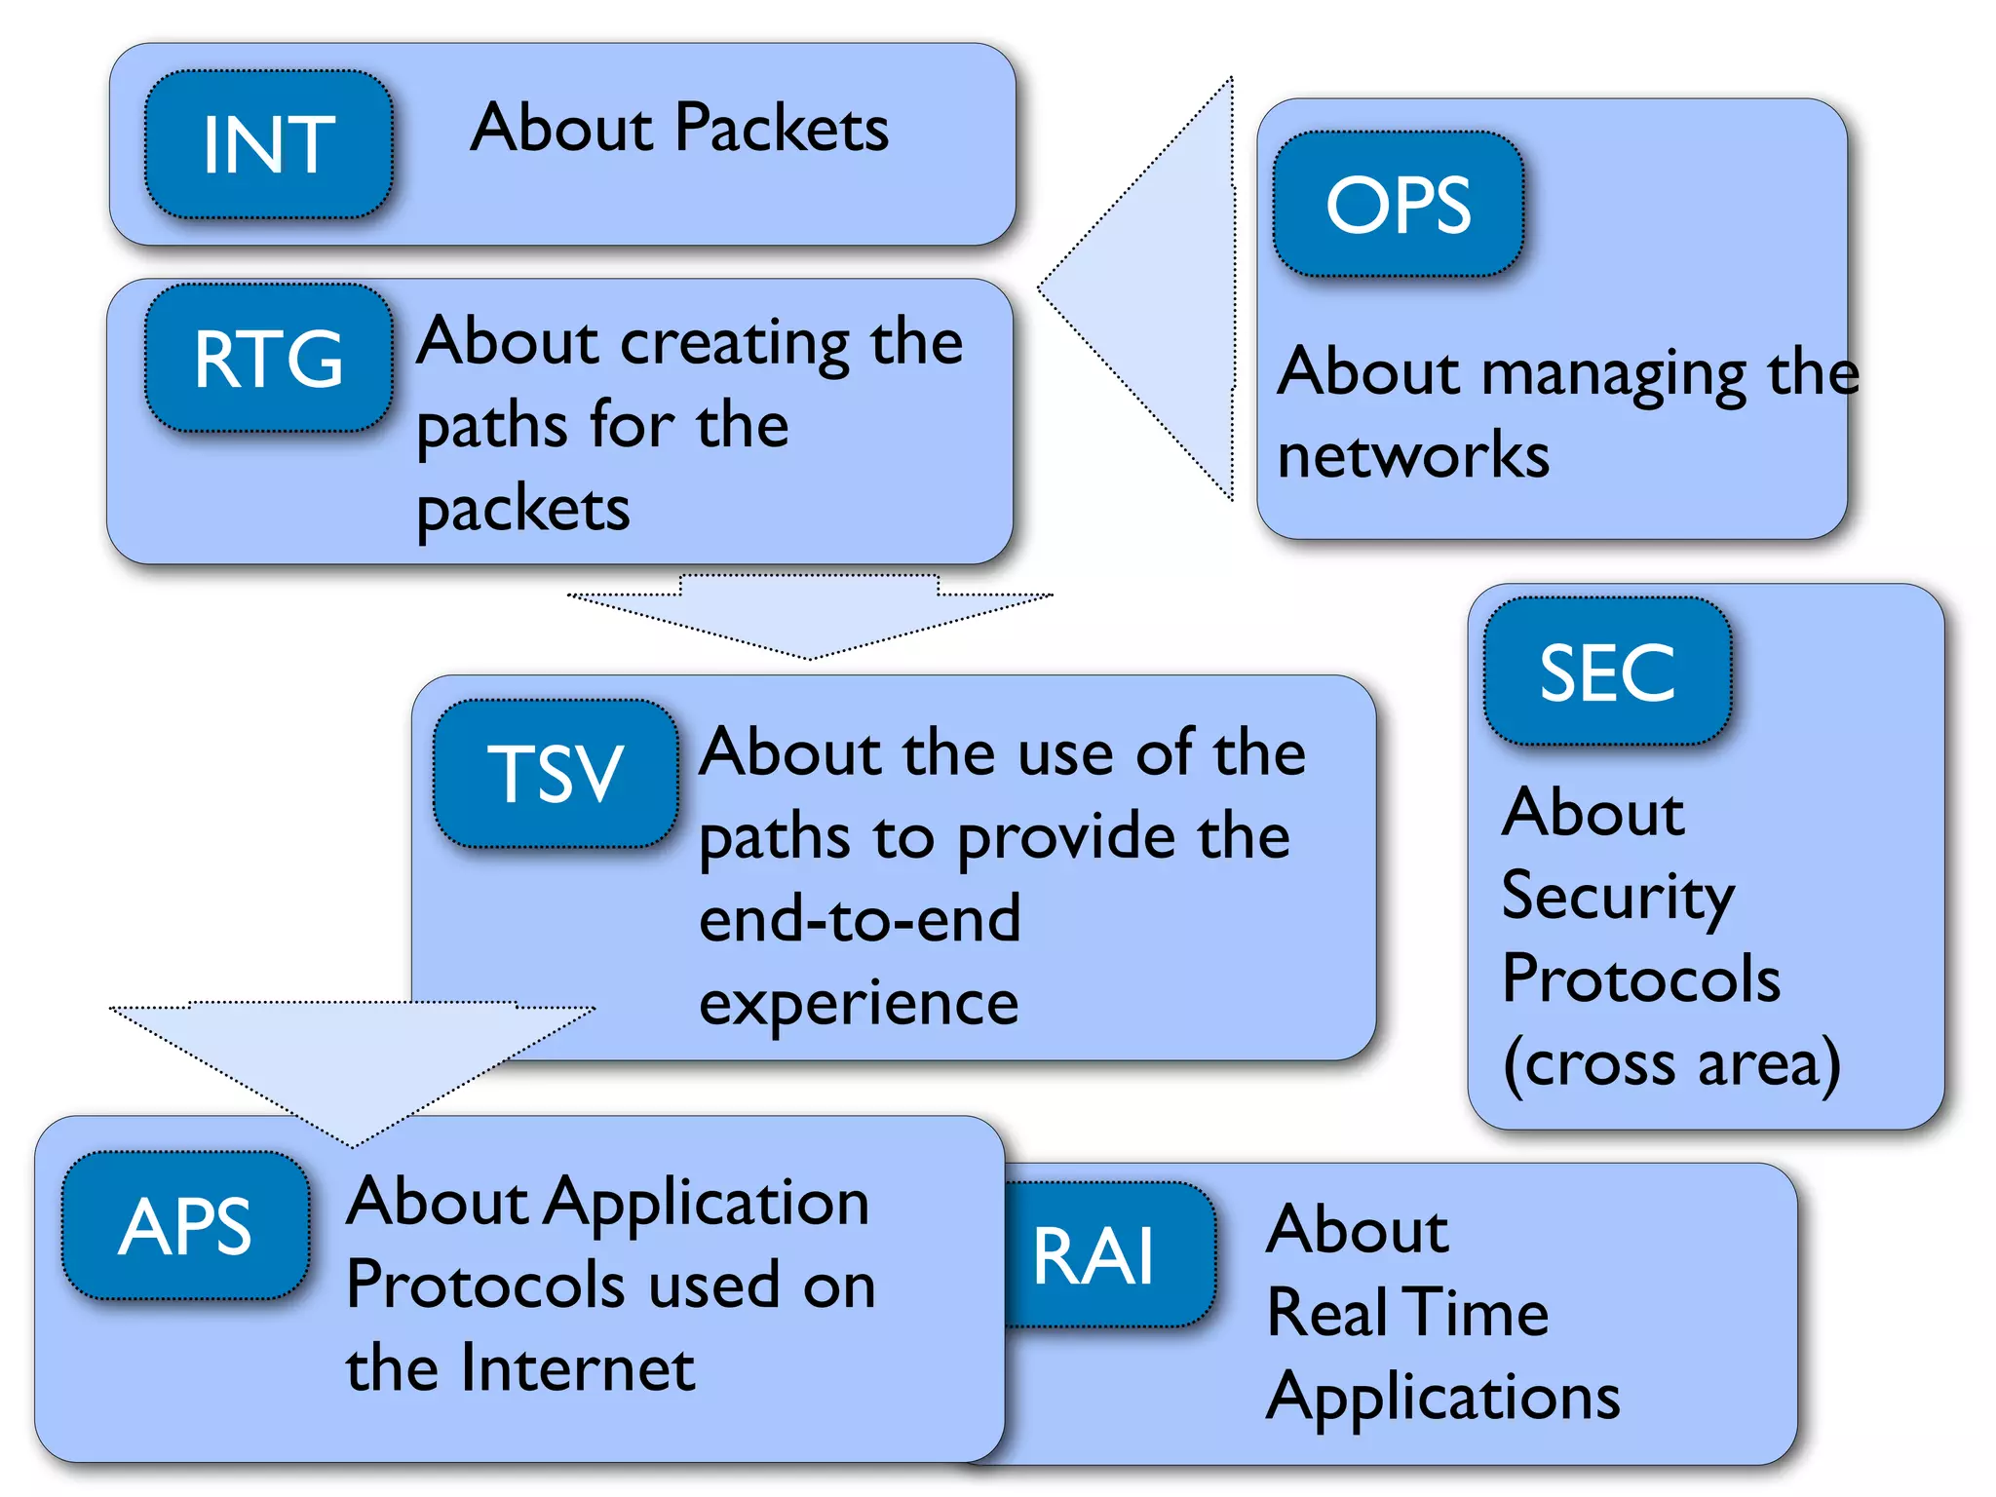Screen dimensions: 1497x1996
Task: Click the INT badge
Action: tap(269, 144)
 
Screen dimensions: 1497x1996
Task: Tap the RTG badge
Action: tap(269, 359)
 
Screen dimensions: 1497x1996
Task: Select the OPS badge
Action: tap(1398, 205)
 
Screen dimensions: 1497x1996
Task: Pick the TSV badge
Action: tap(556, 773)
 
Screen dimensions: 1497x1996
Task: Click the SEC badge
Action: tap(1607, 672)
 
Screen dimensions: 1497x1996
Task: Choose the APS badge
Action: tap(185, 1225)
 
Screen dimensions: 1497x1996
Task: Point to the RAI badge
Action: tap(1096, 1256)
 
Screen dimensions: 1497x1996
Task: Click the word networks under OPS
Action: tap(1413, 456)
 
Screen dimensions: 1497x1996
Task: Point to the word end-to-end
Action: tap(860, 919)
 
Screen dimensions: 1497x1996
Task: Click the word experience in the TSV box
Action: tap(859, 1004)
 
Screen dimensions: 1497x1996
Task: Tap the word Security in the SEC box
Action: tap(1618, 897)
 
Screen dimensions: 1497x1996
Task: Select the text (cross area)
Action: tap(1671, 1063)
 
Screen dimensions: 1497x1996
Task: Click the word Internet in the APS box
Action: tap(578, 1368)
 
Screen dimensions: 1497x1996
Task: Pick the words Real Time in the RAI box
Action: tap(1407, 1312)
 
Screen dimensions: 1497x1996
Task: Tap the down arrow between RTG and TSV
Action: tap(809, 614)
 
